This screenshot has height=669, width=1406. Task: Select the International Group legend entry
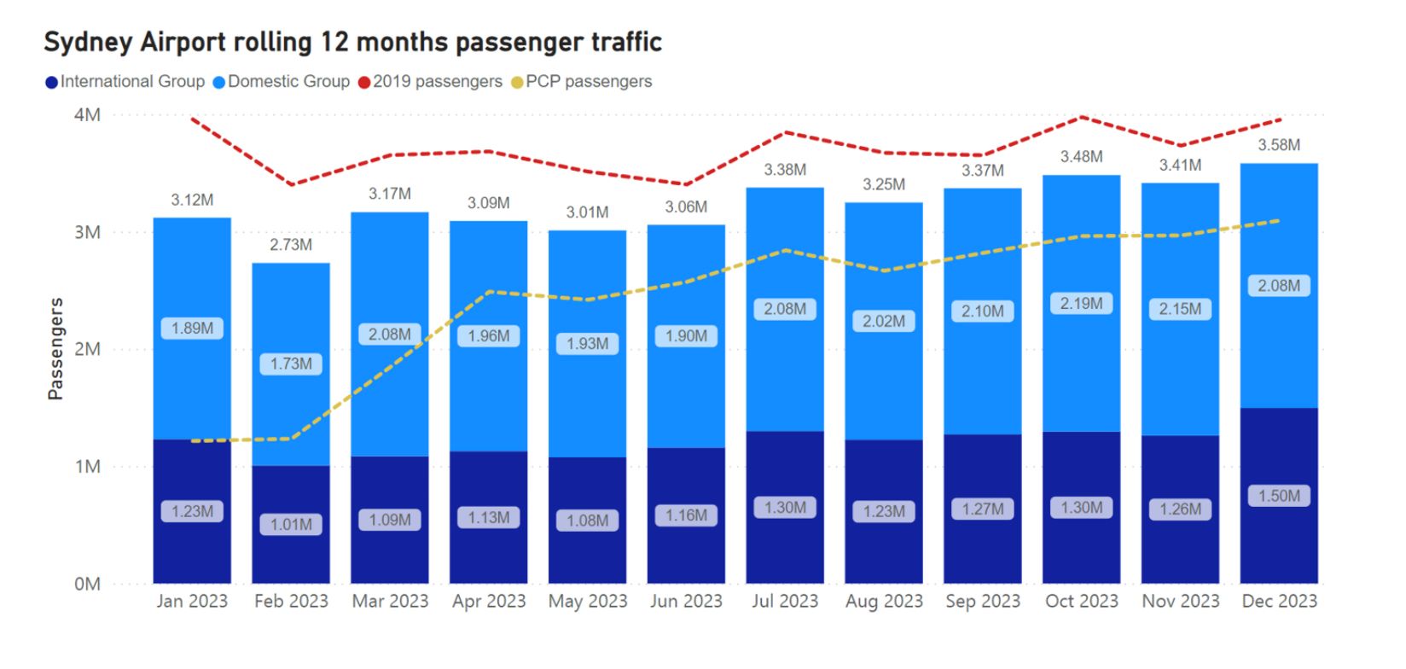pos(125,82)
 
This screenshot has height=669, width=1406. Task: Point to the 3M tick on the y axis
pos(87,232)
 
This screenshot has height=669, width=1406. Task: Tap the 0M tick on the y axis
pos(87,585)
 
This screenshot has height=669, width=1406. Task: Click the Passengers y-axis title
pos(55,349)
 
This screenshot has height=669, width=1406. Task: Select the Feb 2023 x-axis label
pos(291,602)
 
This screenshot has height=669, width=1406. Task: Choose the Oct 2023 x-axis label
pos(1081,602)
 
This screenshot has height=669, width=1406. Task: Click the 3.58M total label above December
pos(1279,145)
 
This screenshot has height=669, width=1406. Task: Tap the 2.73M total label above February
pos(291,245)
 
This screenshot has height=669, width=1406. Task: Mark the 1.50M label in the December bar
pos(1279,496)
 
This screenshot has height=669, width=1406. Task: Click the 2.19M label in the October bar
pos(1081,304)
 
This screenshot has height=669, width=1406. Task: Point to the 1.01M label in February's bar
pos(291,524)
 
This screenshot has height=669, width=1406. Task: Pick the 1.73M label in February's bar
pos(291,364)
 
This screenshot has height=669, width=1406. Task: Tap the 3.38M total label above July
pos(785,170)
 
